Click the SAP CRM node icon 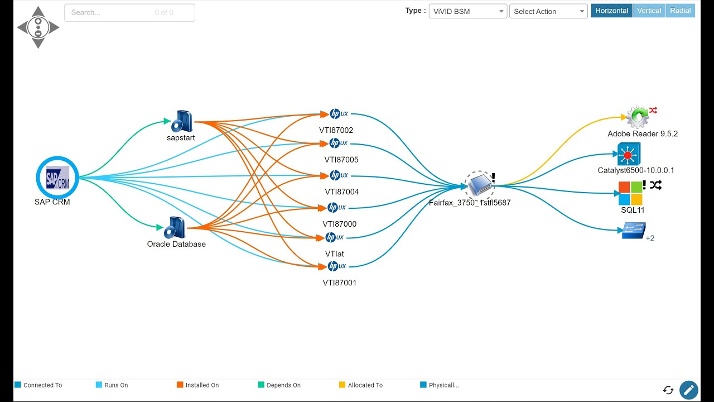[57, 178]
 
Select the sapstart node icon [182, 121]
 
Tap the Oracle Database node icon [175, 227]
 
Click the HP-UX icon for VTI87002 [339, 113]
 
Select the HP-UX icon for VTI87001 [336, 266]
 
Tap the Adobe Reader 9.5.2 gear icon [638, 117]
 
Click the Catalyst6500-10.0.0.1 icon [629, 154]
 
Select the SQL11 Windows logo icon [630, 193]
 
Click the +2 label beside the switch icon [650, 238]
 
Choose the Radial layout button [680, 11]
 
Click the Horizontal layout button [612, 11]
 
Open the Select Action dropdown [548, 12]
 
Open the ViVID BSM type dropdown [468, 12]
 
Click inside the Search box [129, 13]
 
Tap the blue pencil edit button [689, 390]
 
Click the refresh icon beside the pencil [668, 390]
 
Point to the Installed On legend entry [198, 385]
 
